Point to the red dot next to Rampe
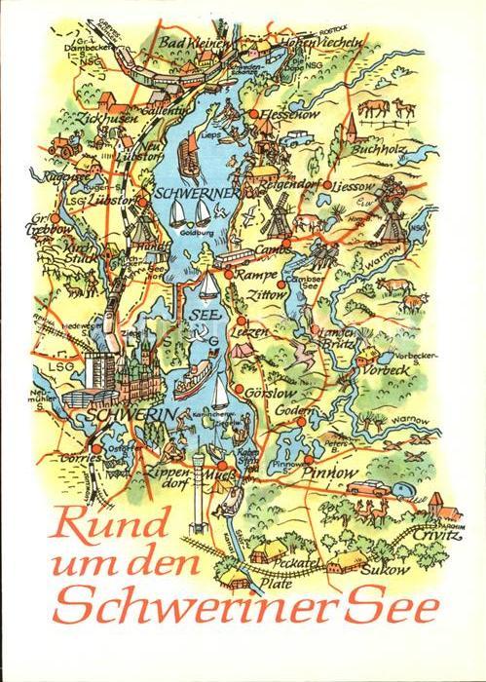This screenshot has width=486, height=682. click(x=232, y=276)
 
